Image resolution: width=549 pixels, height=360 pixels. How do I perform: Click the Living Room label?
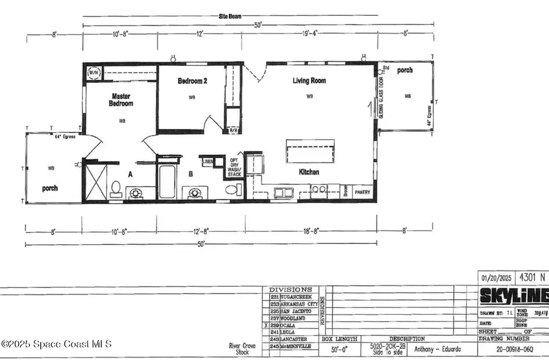point(309,81)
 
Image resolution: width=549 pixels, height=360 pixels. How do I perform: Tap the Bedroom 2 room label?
point(192,81)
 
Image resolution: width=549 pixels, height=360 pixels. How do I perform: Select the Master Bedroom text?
point(121,99)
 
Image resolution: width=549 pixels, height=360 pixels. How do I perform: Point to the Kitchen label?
point(309,172)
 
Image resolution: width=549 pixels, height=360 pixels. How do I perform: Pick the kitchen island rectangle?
point(310,150)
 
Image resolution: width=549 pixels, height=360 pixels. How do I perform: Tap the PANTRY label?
point(362,190)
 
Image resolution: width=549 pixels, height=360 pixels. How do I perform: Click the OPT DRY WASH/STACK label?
point(235,167)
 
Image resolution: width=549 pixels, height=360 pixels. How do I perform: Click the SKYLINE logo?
point(513,296)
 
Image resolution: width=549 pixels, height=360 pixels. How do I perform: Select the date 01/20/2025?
point(495,276)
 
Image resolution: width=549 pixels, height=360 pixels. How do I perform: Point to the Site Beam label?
point(231,16)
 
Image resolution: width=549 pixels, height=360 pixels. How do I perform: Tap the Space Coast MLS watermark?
point(57,344)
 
